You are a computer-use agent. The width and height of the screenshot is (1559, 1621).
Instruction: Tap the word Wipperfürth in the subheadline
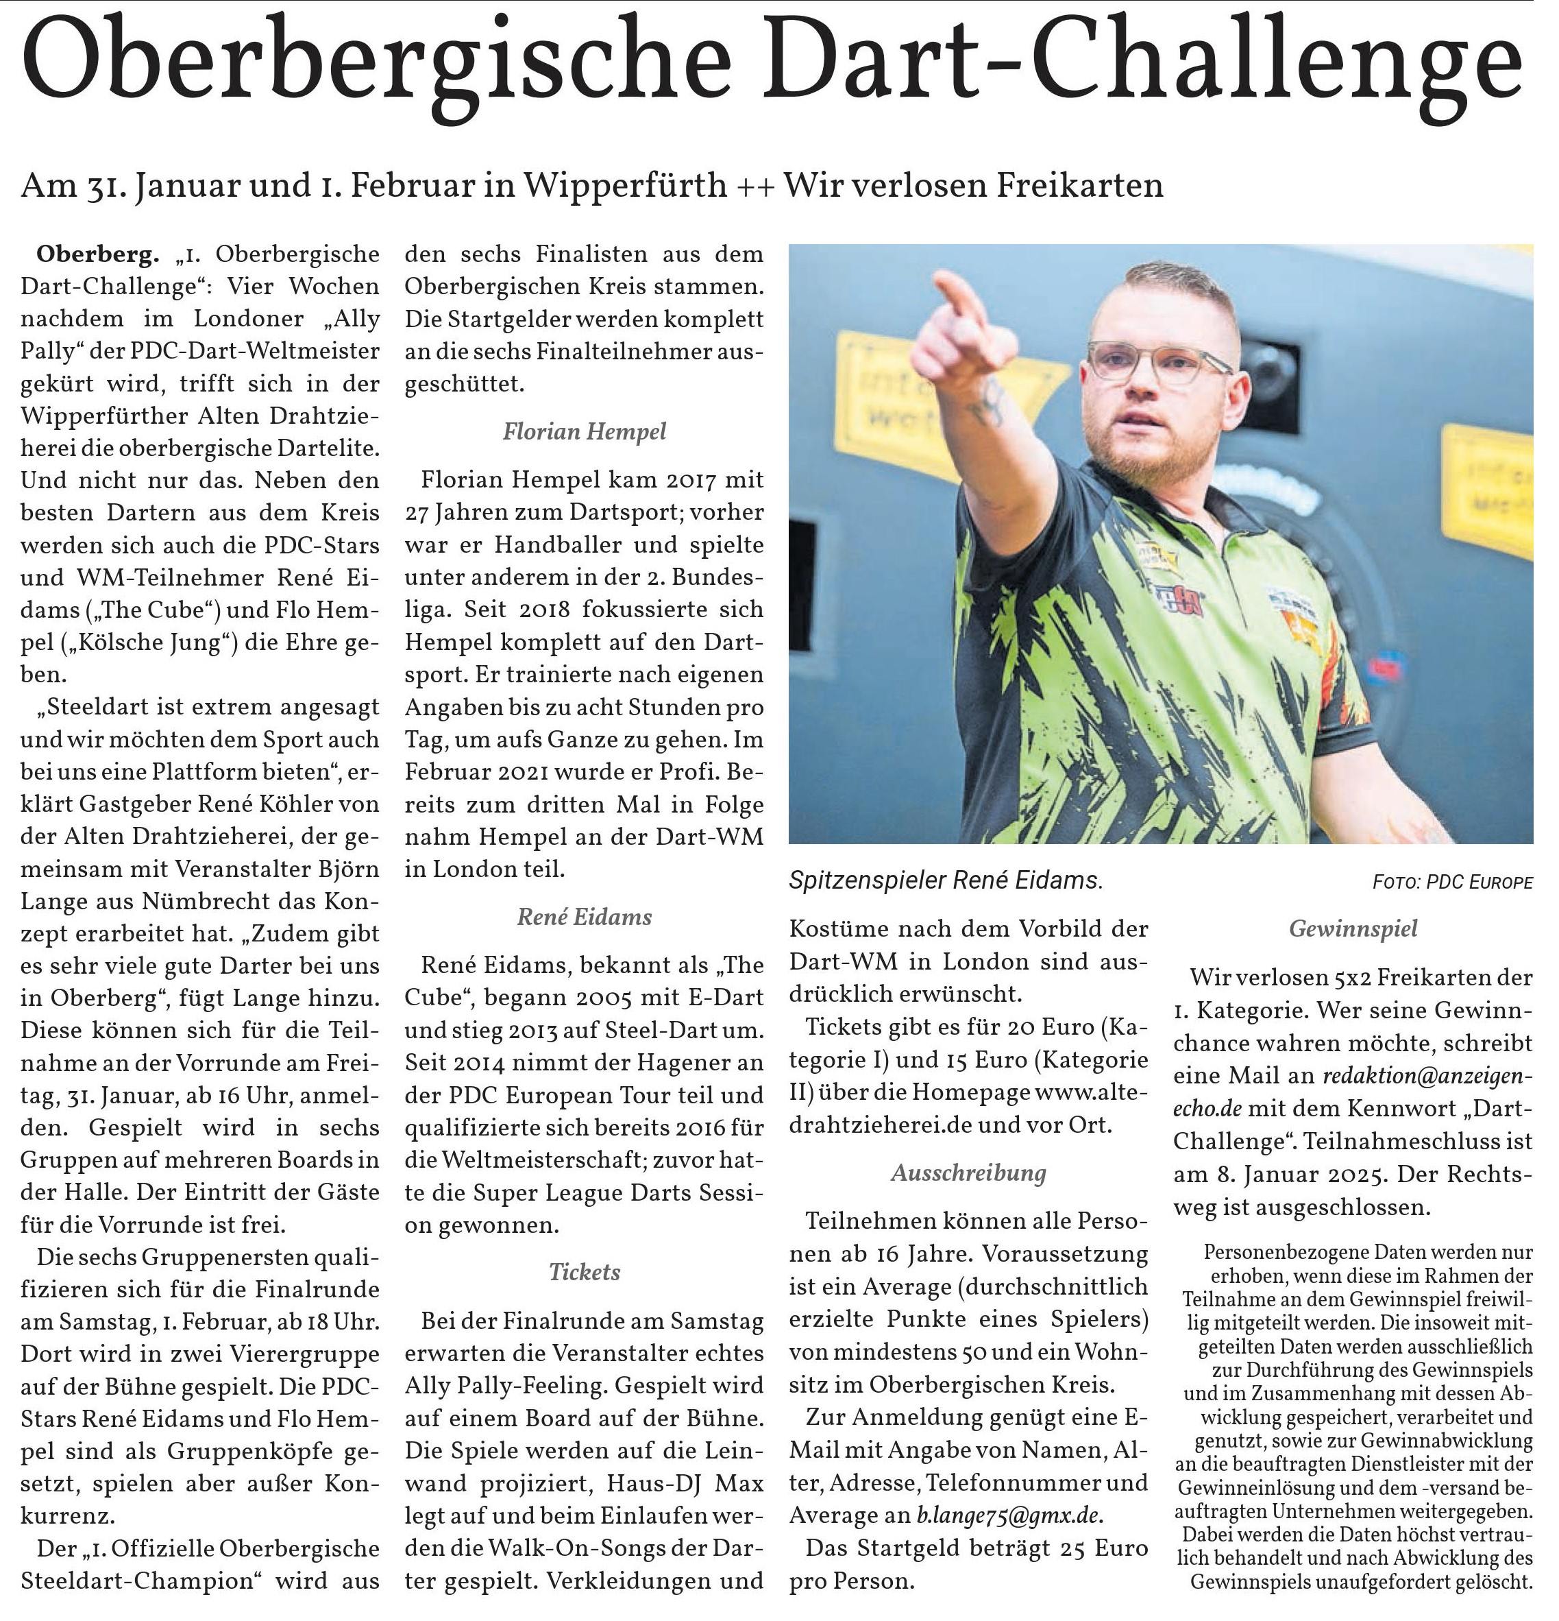click(x=626, y=185)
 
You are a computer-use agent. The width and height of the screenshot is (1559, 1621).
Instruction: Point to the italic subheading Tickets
click(x=585, y=1272)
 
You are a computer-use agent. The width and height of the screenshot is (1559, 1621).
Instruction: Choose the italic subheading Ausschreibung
click(x=968, y=1173)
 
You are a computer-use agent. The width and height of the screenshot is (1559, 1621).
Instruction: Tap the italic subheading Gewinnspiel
click(x=1353, y=928)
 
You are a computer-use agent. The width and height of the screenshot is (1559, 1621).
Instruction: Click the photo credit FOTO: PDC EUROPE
click(x=1452, y=882)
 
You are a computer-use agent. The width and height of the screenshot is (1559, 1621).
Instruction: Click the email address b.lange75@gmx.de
click(x=1009, y=1516)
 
